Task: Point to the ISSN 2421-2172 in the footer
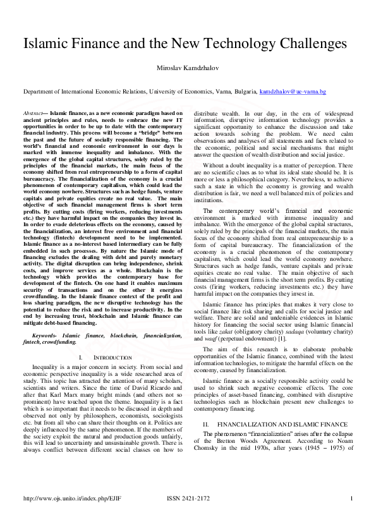pos(188,499)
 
